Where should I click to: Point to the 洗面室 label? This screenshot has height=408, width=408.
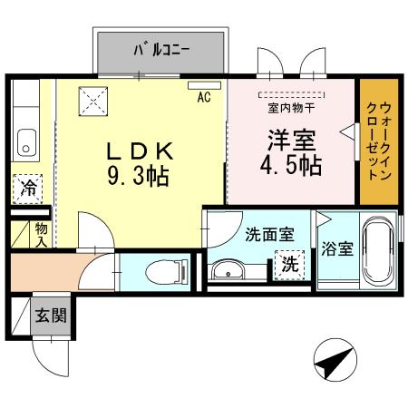point(269,233)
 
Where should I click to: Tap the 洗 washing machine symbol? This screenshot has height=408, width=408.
point(288,267)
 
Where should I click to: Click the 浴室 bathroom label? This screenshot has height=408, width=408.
point(338,250)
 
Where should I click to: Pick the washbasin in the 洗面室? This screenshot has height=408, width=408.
point(228,269)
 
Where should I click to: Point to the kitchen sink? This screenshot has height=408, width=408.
point(24,143)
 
